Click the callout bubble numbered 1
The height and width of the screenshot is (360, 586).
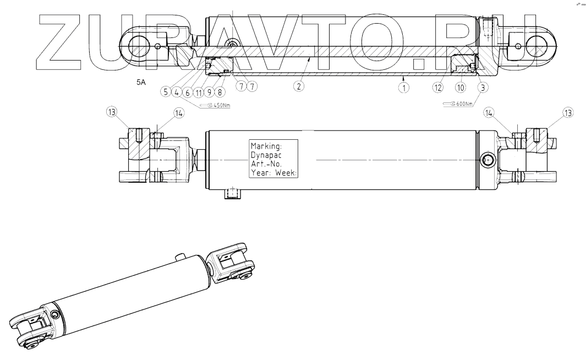tap(404, 87)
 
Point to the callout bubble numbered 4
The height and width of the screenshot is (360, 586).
tap(176, 92)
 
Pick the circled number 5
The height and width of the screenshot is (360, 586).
tap(165, 92)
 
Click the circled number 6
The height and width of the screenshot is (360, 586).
tap(187, 92)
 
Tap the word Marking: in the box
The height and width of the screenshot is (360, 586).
tap(266, 147)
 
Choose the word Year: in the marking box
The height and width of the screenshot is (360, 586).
tap(261, 173)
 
